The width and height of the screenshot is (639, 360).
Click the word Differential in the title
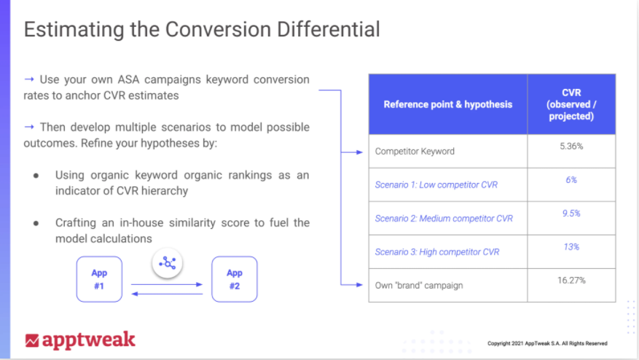click(328, 29)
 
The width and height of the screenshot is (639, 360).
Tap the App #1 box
click(99, 279)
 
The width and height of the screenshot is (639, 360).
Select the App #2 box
click(235, 279)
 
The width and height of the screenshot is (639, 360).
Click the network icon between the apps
click(167, 263)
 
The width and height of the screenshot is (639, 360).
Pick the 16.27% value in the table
click(571, 281)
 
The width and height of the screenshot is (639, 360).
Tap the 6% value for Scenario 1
click(571, 180)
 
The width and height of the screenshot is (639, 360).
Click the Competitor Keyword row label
click(415, 152)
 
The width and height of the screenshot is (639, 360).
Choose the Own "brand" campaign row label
click(419, 286)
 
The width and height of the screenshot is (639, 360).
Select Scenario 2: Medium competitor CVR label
click(444, 219)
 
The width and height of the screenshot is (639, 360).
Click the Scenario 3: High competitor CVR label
click(437, 252)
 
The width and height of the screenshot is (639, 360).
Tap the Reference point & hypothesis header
click(448, 104)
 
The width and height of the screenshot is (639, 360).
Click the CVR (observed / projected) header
click(571, 104)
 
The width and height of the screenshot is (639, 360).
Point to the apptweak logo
click(80, 340)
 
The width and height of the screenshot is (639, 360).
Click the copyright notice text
click(547, 343)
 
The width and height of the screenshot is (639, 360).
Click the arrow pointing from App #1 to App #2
click(167, 284)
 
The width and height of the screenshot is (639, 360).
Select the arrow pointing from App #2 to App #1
click(167, 294)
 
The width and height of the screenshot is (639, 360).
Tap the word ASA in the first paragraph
click(128, 79)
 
